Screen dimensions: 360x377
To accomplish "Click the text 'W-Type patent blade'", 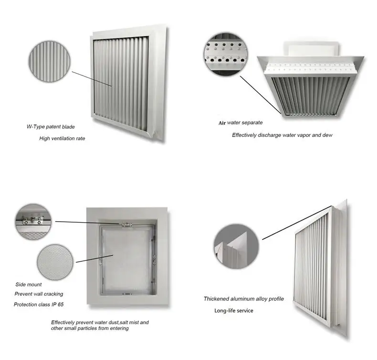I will coord(51,127).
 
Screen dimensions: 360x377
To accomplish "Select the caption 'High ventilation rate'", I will coord(63,138).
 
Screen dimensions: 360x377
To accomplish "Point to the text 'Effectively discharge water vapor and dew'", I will coord(282,135).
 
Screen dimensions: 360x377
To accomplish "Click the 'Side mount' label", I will coord(29,285).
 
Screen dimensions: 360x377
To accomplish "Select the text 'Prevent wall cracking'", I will coord(39,294).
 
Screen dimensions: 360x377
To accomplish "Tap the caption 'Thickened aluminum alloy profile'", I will coord(244,299).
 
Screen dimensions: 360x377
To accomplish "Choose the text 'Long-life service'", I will coord(233,311).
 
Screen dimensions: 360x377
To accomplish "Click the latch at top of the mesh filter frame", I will coord(126,224).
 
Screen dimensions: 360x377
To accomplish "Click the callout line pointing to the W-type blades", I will coord(92,79).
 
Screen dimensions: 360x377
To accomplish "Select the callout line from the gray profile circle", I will coord(296,223).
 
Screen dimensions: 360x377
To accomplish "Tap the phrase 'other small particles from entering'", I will coord(90,328).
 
